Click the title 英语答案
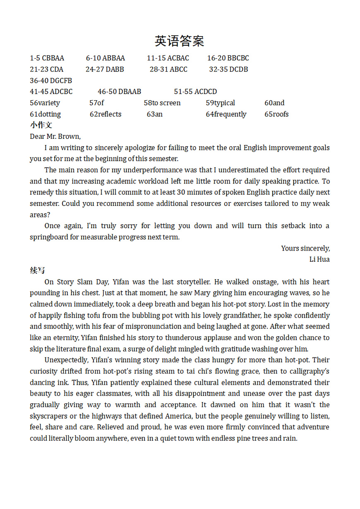179,41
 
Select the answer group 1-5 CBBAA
47,58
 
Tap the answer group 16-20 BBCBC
228,58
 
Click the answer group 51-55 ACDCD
195,92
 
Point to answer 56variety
45,103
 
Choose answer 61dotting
45,114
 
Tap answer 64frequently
226,114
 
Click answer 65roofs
276,114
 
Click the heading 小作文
41,125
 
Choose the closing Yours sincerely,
305,248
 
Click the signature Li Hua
319,260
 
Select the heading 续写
37,270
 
